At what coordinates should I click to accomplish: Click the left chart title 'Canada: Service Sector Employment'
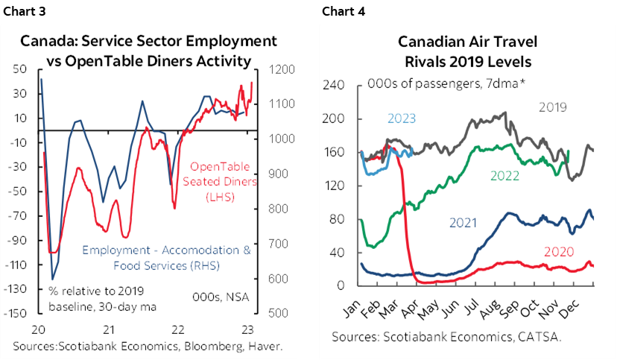pyautogui.click(x=148, y=41)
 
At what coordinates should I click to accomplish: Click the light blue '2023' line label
pyautogui.click(x=402, y=119)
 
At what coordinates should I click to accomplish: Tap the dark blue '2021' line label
pyautogui.click(x=464, y=221)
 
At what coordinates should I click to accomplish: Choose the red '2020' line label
pyautogui.click(x=560, y=252)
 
